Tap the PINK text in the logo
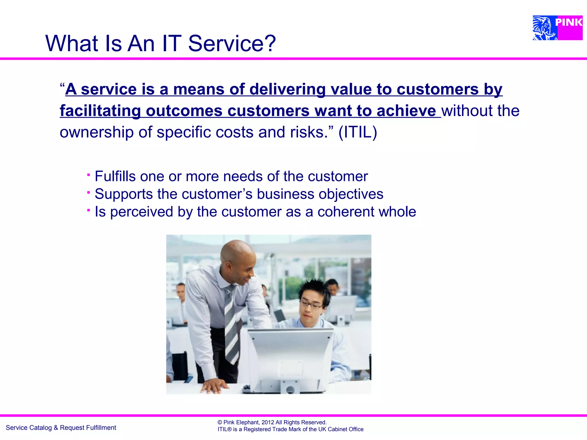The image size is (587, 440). (x=569, y=22)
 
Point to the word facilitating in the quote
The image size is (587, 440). (x=100, y=111)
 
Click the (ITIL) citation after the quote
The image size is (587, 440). (x=357, y=132)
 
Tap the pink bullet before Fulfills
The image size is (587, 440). (x=89, y=174)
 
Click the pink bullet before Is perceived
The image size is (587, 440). (x=89, y=210)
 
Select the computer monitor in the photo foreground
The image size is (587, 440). (x=289, y=358)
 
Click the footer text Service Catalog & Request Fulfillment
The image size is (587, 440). (x=61, y=428)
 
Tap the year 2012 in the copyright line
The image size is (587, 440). (x=268, y=422)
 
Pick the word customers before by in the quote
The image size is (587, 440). (x=437, y=89)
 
